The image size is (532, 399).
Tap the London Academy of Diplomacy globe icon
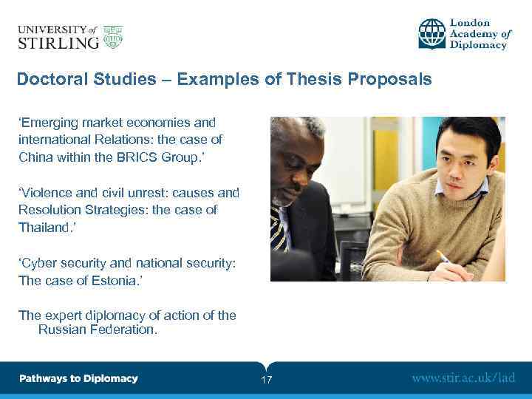(432, 34)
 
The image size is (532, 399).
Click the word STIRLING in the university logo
(58, 42)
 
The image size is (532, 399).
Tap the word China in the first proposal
(35, 157)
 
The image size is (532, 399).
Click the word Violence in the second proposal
(50, 193)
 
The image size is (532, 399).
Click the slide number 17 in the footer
(267, 380)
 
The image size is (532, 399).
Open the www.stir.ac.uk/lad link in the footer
(463, 378)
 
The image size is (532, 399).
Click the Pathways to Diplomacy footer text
(78, 378)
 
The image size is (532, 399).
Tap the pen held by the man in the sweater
(444, 258)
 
